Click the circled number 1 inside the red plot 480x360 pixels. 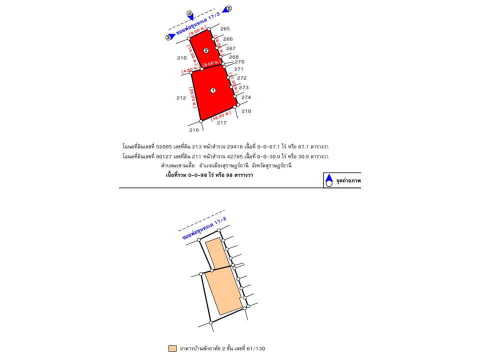(213, 90)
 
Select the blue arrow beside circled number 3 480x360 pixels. (172, 36)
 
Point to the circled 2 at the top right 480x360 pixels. (229, 8)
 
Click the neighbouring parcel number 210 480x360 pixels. (181, 58)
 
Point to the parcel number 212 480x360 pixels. (181, 98)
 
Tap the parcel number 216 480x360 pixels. (194, 130)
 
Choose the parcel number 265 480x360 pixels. (225, 28)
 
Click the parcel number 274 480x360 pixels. (246, 97)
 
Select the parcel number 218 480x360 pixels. (246, 111)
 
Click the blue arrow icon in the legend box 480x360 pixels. (328, 178)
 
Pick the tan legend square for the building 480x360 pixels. (172, 348)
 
